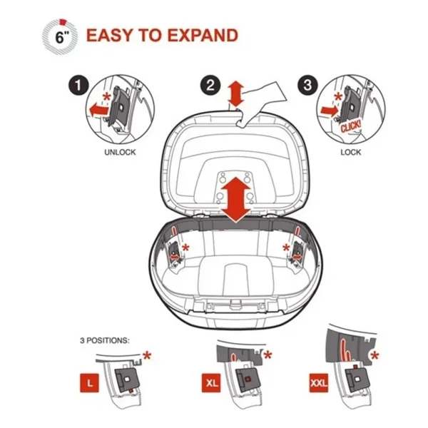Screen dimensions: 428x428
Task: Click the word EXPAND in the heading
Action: point(203,35)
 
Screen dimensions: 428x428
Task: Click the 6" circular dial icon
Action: point(60,36)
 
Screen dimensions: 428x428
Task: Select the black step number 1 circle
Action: point(78,86)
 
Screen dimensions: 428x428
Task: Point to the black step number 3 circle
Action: point(308,85)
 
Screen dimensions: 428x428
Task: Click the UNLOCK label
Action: point(120,152)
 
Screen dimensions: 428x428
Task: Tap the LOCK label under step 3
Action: point(351,152)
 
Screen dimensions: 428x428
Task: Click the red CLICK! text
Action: point(351,126)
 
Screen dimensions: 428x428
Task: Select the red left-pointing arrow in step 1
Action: point(98,110)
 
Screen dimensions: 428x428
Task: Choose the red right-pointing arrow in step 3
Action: point(330,111)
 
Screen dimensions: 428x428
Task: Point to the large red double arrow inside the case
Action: point(236,200)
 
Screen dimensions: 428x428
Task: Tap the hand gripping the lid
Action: point(262,104)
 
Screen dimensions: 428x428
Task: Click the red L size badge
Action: point(90,383)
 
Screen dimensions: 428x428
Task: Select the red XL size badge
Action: point(211,383)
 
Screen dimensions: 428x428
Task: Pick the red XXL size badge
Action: point(319,383)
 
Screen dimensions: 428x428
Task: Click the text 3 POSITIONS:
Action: point(105,341)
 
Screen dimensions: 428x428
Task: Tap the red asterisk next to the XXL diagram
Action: point(374,356)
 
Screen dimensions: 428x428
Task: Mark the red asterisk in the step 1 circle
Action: point(107,96)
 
